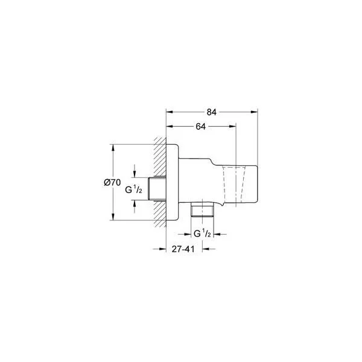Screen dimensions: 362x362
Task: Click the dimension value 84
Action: pos(211,112)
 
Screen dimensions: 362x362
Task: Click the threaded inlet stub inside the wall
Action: pos(159,189)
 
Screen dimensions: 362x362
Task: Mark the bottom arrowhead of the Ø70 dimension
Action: pos(113,217)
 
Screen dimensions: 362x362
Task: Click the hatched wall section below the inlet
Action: pos(160,214)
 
